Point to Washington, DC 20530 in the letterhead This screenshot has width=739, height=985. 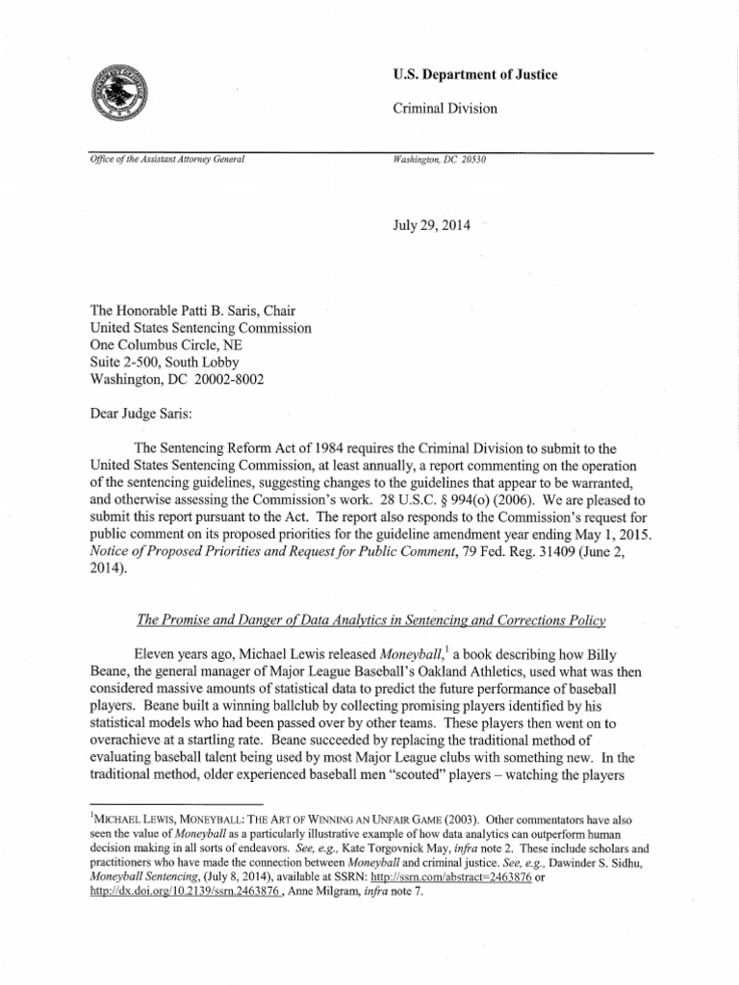pyautogui.click(x=440, y=160)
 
